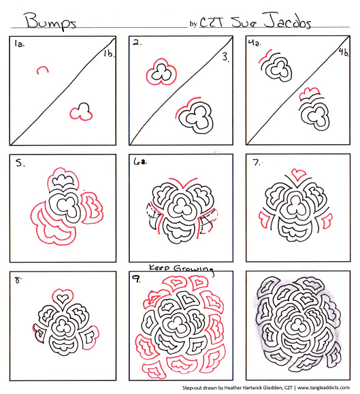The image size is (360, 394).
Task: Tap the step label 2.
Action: tap(137, 43)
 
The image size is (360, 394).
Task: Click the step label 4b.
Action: tap(344, 52)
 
